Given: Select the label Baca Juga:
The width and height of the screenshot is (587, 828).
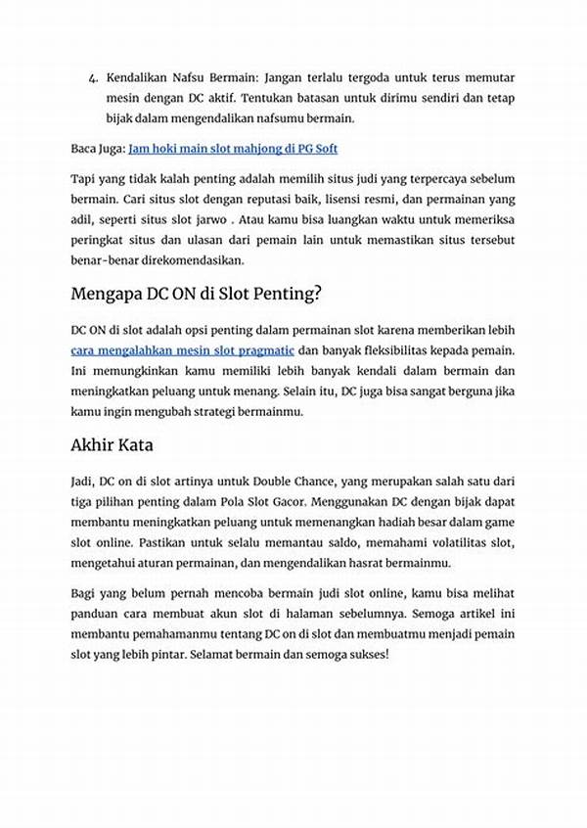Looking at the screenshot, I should [x=97, y=149].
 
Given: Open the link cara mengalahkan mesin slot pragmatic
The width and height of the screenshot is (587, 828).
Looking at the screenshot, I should [x=183, y=349].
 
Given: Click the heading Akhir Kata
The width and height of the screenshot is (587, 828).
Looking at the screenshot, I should [x=111, y=445].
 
